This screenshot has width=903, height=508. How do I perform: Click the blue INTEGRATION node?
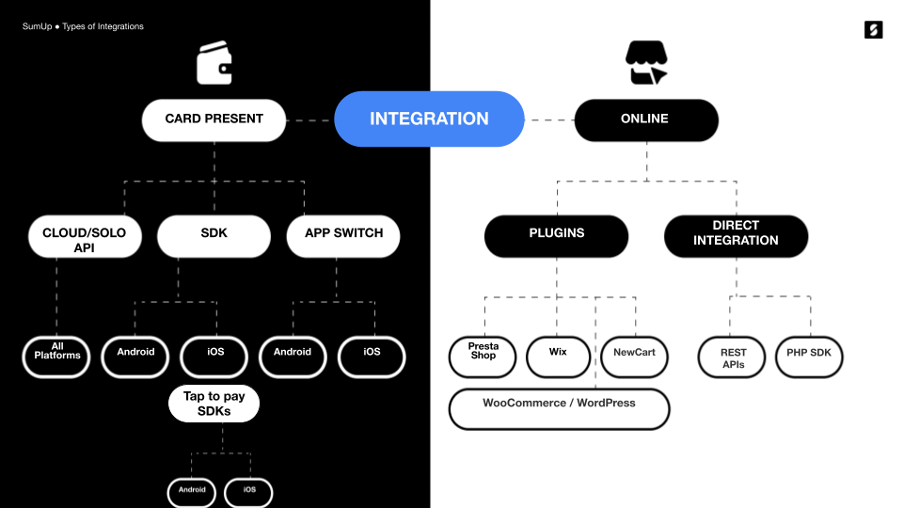[429, 119]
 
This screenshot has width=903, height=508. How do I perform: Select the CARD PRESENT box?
[214, 120]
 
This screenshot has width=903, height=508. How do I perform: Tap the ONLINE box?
[645, 120]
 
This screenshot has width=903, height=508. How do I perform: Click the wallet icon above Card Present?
[214, 64]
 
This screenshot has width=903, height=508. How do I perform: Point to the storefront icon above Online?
[645, 63]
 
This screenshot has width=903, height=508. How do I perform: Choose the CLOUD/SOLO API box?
[84, 236]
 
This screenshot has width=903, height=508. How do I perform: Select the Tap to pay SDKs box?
[214, 404]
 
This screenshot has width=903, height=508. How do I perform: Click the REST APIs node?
[733, 357]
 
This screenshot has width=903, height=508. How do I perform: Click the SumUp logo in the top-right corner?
[873, 29]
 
